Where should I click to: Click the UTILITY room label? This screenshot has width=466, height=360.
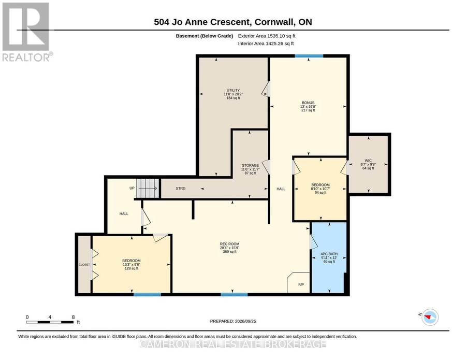pos(233,90)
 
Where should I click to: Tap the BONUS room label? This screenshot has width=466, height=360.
pos(308,103)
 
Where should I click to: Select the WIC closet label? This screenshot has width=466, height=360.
pos(368,161)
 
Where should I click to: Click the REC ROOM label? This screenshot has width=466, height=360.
pos(230,244)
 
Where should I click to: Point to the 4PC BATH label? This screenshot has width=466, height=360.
pos(329,254)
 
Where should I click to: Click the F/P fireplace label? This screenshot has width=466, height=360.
pos(301,284)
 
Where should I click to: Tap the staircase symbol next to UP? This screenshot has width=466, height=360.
pos(148,188)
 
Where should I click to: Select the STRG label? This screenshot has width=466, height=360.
pos(181,189)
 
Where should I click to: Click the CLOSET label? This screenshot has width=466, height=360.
pos(84,265)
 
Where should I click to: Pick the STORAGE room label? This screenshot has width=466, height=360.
pos(250,166)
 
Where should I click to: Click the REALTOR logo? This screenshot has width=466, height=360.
pos(27,32)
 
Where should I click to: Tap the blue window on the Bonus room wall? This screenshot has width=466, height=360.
pos(309,56)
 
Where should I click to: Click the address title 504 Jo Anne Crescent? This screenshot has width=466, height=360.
pos(233,22)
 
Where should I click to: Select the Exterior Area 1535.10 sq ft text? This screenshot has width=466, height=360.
pos(267,36)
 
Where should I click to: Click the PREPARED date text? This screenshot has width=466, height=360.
pos(233,321)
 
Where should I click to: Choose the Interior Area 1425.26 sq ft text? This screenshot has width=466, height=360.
pos(266,44)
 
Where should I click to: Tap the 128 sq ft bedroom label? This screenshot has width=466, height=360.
pos(132,268)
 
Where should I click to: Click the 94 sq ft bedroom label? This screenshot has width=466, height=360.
pos(321,193)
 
